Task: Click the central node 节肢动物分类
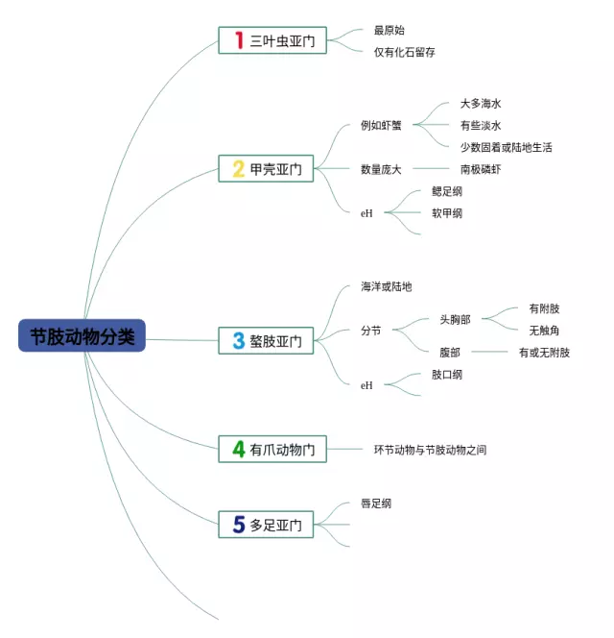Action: tap(82, 336)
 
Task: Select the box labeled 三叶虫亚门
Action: tap(272, 40)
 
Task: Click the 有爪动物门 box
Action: tap(272, 449)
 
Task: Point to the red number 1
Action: tap(238, 40)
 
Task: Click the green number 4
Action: tap(238, 449)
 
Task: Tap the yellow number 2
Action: tap(238, 169)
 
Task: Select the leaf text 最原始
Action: tap(389, 31)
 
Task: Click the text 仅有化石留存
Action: tap(404, 52)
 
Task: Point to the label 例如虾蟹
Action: tap(381, 125)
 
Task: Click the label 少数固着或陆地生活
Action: tap(506, 147)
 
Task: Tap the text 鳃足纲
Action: tap(447, 191)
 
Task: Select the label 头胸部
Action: tap(455, 318)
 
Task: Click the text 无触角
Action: tap(544, 331)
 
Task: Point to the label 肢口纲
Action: tap(447, 375)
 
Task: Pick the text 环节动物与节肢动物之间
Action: tap(430, 449)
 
